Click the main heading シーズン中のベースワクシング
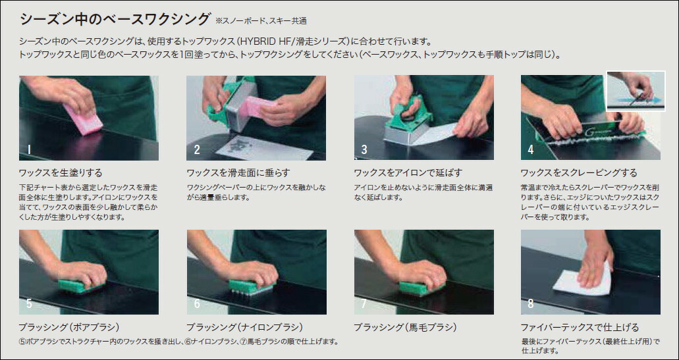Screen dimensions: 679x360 [x=115, y=19]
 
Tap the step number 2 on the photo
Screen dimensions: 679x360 [x=197, y=149]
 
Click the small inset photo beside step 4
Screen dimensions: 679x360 [x=636, y=91]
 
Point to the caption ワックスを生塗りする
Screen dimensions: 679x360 [x=61, y=172]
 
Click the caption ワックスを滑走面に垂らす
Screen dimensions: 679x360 [x=238, y=172]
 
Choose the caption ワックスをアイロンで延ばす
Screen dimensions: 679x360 [x=408, y=172]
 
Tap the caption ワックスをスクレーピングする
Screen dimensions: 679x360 [x=579, y=172]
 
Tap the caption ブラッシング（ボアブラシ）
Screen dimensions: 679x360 [x=69, y=327]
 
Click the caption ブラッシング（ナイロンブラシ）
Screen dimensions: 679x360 [x=245, y=327]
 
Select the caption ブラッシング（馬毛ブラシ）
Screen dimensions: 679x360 [x=405, y=327]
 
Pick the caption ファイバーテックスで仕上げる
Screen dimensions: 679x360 [x=580, y=327]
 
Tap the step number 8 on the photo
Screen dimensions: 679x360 [x=530, y=303]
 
